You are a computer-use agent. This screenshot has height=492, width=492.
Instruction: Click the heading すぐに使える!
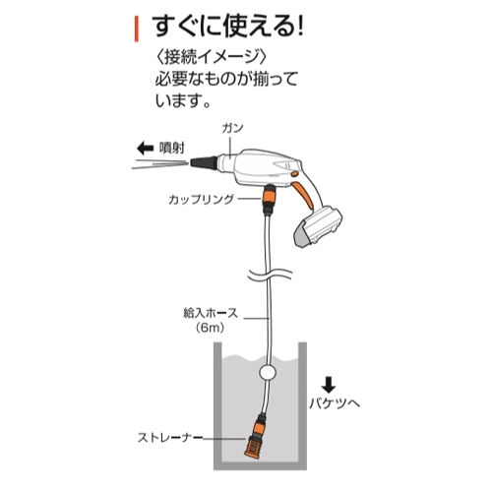(229, 27)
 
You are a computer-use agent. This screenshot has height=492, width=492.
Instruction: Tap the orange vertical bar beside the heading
(137, 30)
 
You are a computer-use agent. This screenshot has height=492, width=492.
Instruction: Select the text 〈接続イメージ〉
(212, 58)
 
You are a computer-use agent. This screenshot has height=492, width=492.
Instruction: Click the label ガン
(232, 128)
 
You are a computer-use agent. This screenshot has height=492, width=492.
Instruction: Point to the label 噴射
(172, 149)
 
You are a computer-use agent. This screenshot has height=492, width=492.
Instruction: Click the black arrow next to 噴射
(146, 149)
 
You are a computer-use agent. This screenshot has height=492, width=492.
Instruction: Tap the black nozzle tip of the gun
(204, 163)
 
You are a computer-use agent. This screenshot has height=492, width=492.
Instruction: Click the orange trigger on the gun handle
(303, 194)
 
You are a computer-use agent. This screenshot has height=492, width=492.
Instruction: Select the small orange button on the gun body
(295, 173)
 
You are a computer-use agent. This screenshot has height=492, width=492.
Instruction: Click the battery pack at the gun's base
(317, 226)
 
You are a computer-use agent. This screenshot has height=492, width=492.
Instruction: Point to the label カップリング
(201, 199)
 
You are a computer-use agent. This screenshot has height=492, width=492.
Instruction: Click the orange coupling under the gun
(270, 198)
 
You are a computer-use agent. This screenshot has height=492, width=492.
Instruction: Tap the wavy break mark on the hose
(270, 274)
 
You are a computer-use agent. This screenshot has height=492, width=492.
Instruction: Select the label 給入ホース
(211, 313)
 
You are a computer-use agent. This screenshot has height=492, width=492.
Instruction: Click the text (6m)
(211, 328)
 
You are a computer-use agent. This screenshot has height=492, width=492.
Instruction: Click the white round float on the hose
(268, 373)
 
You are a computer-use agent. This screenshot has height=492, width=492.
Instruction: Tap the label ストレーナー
(170, 438)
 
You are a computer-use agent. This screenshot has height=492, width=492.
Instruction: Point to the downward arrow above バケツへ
(329, 386)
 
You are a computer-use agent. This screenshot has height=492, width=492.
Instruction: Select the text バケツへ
(335, 402)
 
